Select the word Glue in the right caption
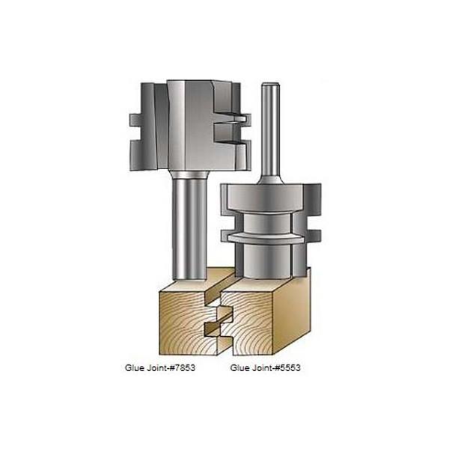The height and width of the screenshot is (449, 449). click(x=240, y=368)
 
